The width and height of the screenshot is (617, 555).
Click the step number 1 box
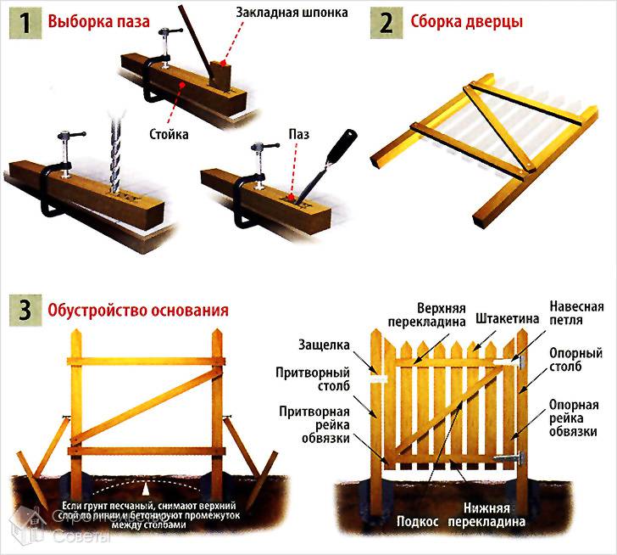point(25,21)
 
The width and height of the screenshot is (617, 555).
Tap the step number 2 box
point(386,21)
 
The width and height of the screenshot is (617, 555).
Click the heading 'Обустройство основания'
point(139,311)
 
